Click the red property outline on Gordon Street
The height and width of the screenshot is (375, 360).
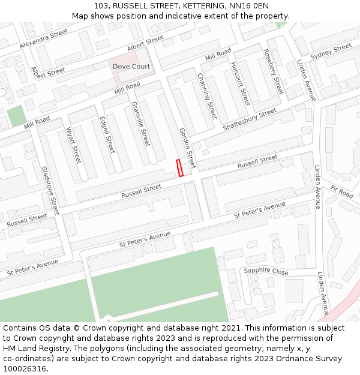click(x=179, y=168)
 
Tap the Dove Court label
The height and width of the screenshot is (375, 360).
click(x=131, y=67)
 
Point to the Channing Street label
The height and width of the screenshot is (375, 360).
click(x=207, y=96)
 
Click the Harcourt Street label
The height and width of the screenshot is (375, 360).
click(x=240, y=83)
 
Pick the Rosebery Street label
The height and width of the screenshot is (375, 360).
click(x=273, y=71)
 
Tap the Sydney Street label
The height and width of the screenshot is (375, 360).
click(x=331, y=52)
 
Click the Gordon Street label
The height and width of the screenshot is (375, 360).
click(x=187, y=148)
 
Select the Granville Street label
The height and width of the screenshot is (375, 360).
click(x=140, y=124)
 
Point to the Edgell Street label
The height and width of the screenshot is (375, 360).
click(x=107, y=134)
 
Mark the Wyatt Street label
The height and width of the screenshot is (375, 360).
click(x=73, y=145)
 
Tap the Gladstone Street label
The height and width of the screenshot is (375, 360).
click(x=50, y=191)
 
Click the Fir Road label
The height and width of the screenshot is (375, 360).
click(x=341, y=192)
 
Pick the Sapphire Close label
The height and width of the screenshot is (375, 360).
click(x=266, y=271)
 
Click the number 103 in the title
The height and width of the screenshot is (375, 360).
click(x=101, y=5)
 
